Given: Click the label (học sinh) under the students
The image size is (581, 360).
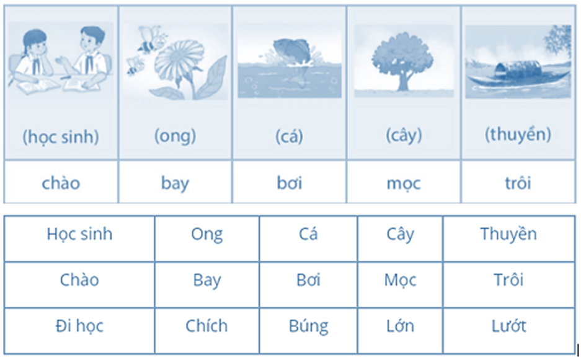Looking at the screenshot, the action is (x=61, y=137).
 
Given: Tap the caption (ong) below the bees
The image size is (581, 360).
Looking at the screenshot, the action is (x=175, y=136).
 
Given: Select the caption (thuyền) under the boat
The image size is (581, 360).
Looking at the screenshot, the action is (x=518, y=135).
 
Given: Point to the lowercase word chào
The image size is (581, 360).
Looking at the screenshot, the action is (x=61, y=183).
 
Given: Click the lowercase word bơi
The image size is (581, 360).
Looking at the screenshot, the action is (x=290, y=183).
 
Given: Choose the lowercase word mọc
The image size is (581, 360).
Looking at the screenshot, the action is (x=404, y=183).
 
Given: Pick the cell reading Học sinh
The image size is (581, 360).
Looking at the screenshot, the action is (x=79, y=239).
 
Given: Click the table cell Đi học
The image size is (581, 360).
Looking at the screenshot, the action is (x=79, y=330).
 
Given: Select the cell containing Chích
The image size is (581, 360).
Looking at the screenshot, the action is (x=206, y=330).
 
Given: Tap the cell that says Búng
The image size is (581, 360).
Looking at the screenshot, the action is (x=308, y=330).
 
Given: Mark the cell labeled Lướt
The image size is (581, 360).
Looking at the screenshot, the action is (x=508, y=330).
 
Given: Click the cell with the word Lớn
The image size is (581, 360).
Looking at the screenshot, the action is (x=400, y=330).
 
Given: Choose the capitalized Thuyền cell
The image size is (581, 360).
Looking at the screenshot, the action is (x=508, y=239).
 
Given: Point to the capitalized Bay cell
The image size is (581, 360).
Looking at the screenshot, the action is (x=206, y=284).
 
